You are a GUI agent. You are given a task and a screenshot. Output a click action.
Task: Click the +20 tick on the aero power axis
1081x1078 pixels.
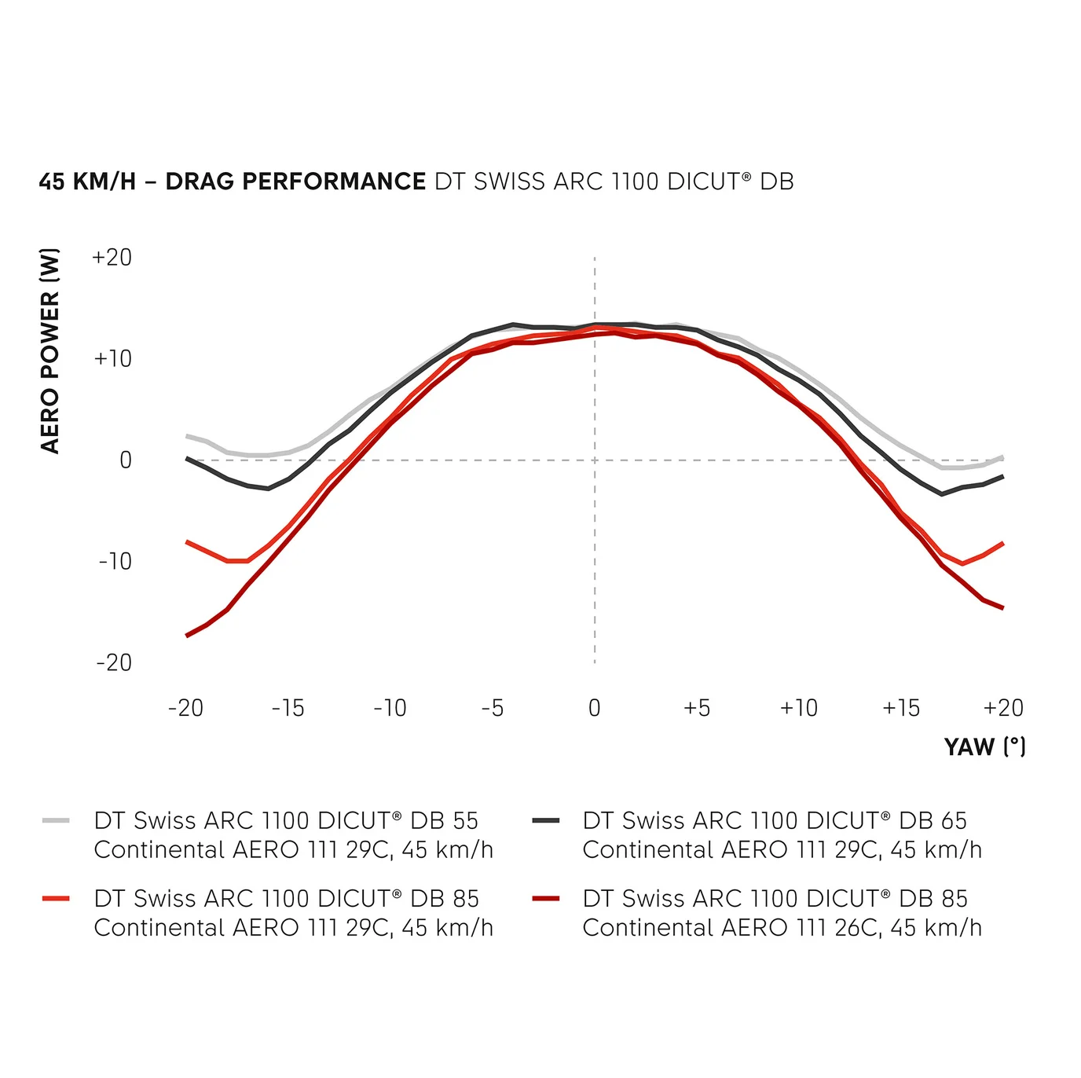[x=112, y=258]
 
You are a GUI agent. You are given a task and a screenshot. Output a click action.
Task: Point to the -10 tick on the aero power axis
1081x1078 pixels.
[x=115, y=561]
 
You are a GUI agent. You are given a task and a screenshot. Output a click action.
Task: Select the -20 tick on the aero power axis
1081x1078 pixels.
[x=114, y=662]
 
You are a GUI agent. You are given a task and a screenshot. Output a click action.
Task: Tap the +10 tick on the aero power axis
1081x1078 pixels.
[x=112, y=359]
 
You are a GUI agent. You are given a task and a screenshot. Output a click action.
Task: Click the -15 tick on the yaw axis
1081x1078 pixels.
[x=288, y=708]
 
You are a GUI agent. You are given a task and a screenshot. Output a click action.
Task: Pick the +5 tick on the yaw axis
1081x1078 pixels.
[x=696, y=708]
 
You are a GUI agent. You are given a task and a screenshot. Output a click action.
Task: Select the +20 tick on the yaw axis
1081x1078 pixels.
[x=1003, y=708]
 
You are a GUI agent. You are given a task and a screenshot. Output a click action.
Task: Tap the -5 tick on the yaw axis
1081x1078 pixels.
[x=492, y=708]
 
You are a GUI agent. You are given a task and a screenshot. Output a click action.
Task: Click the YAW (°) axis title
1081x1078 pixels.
[x=984, y=746]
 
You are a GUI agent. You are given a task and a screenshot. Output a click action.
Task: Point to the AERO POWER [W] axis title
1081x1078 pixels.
[x=49, y=350]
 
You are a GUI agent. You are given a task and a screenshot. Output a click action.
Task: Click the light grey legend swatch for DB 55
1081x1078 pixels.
[x=57, y=821]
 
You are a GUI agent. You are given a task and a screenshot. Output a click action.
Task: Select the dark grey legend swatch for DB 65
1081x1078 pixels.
[x=545, y=821]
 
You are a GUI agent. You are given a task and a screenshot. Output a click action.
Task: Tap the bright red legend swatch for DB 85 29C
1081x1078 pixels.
[x=57, y=898]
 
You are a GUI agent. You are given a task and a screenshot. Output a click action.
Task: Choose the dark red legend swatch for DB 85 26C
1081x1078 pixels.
[x=545, y=898]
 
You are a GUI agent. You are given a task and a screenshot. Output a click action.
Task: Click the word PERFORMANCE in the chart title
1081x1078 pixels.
[x=334, y=181]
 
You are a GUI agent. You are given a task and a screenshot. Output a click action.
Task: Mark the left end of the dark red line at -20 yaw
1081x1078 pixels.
[x=187, y=635]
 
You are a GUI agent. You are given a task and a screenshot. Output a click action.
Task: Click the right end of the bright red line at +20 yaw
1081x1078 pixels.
[x=1002, y=544]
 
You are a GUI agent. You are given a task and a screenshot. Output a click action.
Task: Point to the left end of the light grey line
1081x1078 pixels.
[x=187, y=436]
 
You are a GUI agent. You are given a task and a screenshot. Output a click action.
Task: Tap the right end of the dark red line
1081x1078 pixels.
[x=1002, y=607]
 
